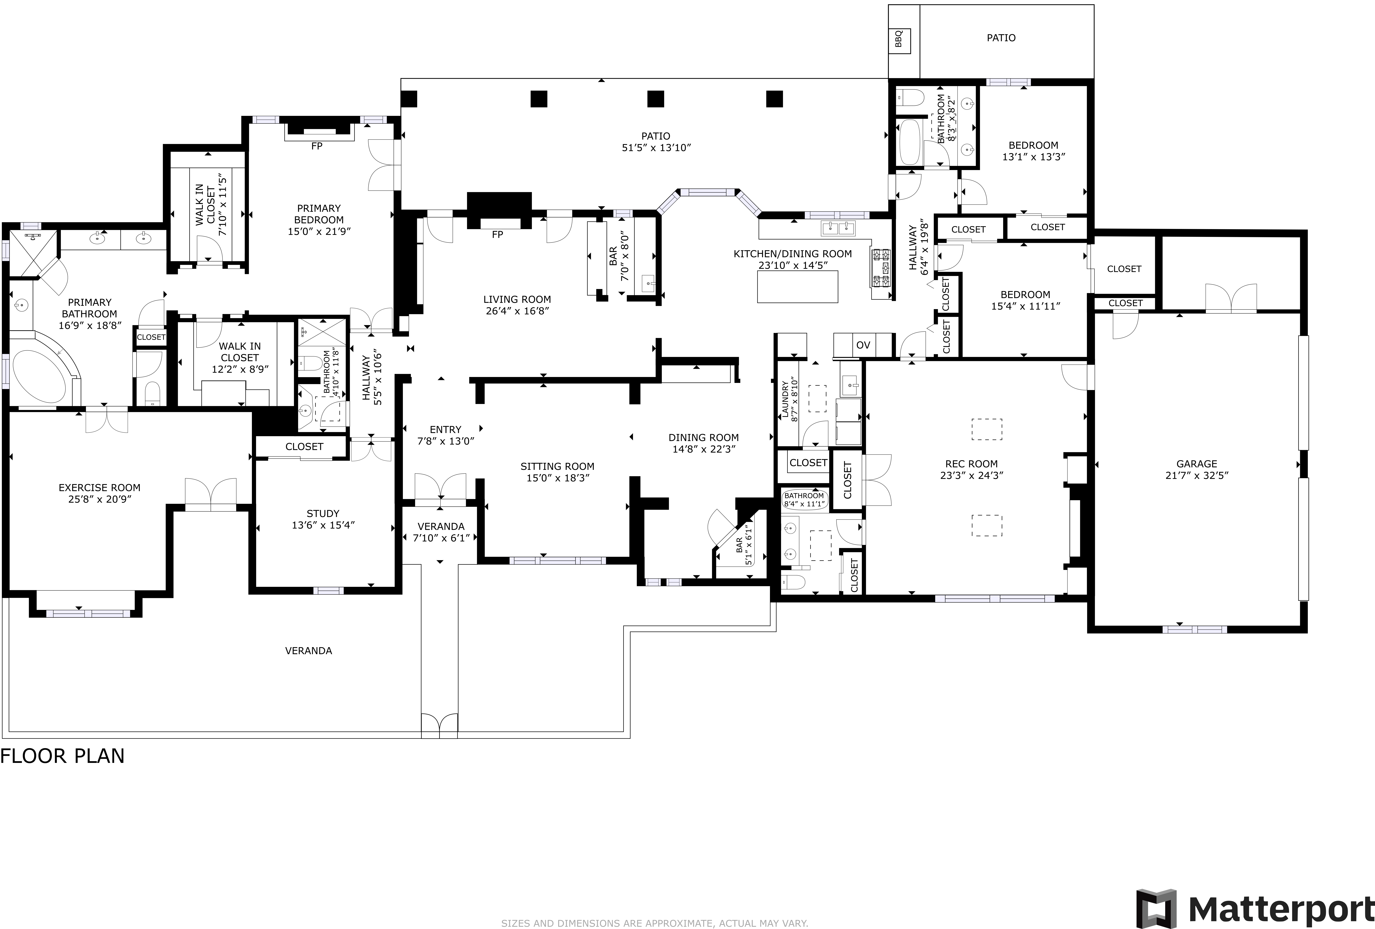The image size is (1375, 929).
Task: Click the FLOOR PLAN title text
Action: [x=63, y=756]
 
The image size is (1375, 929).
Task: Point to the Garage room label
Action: [x=1196, y=464]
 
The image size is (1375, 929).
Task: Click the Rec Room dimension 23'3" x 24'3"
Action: [x=971, y=475]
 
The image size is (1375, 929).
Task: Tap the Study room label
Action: [x=323, y=514]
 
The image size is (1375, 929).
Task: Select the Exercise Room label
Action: [x=99, y=488]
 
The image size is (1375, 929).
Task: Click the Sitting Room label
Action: [x=557, y=466]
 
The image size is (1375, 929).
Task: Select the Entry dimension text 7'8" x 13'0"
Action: [x=445, y=441]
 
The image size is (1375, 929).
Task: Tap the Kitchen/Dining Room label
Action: [x=793, y=254]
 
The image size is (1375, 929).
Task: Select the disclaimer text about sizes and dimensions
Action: [x=654, y=923]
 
